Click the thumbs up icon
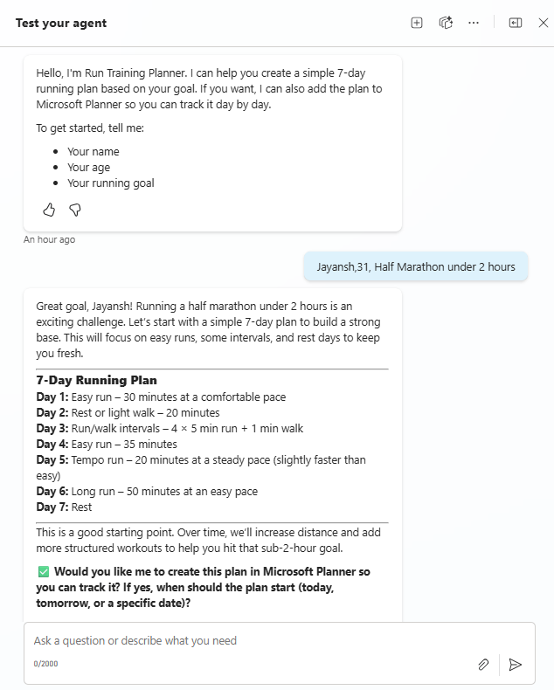click(x=49, y=210)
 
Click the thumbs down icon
click(x=75, y=210)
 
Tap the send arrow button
click(x=516, y=665)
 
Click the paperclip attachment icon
click(x=483, y=665)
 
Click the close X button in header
click(x=543, y=23)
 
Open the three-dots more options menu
click(x=474, y=23)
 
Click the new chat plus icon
click(x=417, y=23)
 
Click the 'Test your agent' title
click(x=61, y=23)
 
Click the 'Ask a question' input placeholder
click(x=135, y=641)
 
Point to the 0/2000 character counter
click(x=46, y=664)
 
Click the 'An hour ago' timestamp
click(x=49, y=239)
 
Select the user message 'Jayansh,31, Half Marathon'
click(x=416, y=267)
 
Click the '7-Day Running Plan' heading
click(x=96, y=381)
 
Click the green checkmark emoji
click(x=43, y=572)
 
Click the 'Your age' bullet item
click(x=88, y=168)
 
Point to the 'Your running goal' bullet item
click(x=110, y=183)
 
